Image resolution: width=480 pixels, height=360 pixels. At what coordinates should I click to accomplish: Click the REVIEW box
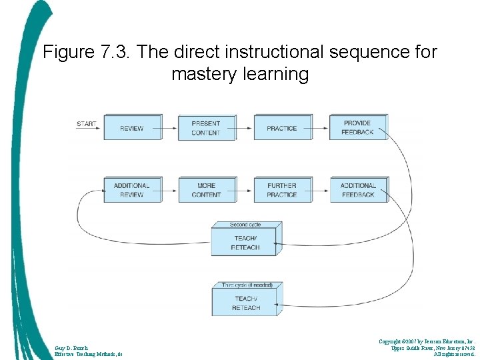[132, 128]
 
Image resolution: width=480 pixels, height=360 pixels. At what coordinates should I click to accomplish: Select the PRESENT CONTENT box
[206, 128]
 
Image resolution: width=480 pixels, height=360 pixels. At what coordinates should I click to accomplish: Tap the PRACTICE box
[282, 128]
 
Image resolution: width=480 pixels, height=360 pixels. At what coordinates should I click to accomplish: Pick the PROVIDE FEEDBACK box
[357, 127]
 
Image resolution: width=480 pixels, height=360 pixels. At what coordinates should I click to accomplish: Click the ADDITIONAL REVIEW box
[132, 190]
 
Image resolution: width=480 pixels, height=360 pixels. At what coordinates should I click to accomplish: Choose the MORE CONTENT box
[206, 190]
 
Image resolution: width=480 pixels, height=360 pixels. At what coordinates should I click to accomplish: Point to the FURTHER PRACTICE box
[282, 190]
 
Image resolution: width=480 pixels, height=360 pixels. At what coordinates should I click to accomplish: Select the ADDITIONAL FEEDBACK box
[357, 190]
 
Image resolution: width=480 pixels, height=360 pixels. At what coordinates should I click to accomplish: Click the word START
[86, 124]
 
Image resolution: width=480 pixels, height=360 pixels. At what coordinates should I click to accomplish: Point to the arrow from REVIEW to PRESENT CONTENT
[169, 127]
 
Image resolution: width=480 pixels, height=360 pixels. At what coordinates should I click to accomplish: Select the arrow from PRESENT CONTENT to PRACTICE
[245, 127]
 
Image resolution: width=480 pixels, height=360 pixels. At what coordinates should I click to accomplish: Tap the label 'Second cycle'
[245, 225]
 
